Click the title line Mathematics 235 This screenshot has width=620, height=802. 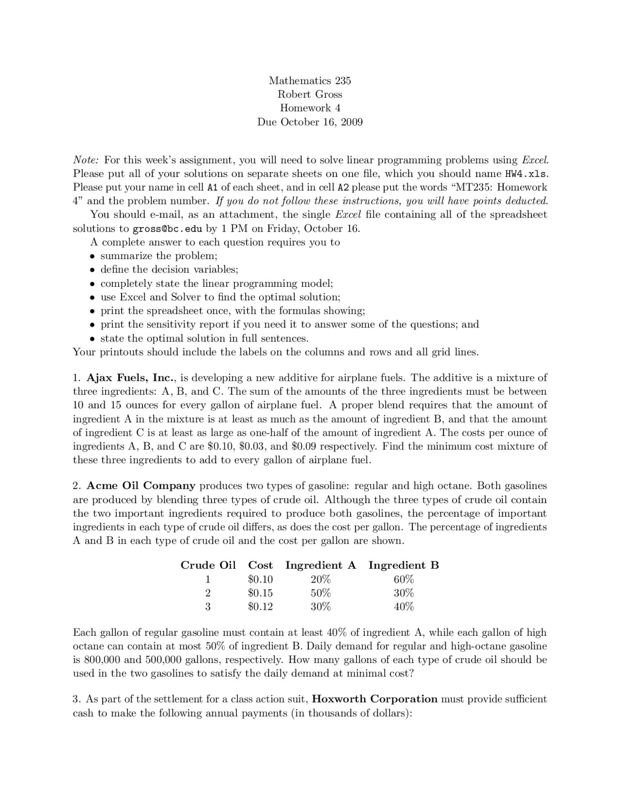pyautogui.click(x=310, y=80)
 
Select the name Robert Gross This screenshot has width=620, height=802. pyautogui.click(x=310, y=94)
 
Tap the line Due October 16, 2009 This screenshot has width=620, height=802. pyautogui.click(x=310, y=122)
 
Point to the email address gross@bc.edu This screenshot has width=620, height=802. pyautogui.click(x=167, y=229)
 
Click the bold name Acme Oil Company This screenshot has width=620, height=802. pyautogui.click(x=141, y=485)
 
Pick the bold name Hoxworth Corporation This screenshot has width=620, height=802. pyautogui.click(x=374, y=699)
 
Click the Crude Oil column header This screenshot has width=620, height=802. pyautogui.click(x=208, y=565)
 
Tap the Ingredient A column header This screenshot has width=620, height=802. pyautogui.click(x=321, y=565)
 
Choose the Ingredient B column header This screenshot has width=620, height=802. pyautogui.click(x=403, y=565)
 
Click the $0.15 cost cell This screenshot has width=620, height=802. pyautogui.click(x=260, y=593)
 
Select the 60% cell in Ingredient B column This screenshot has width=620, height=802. pyautogui.click(x=403, y=579)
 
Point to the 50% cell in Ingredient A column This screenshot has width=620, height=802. pyautogui.click(x=321, y=593)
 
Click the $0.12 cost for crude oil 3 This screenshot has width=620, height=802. pyautogui.click(x=260, y=606)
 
